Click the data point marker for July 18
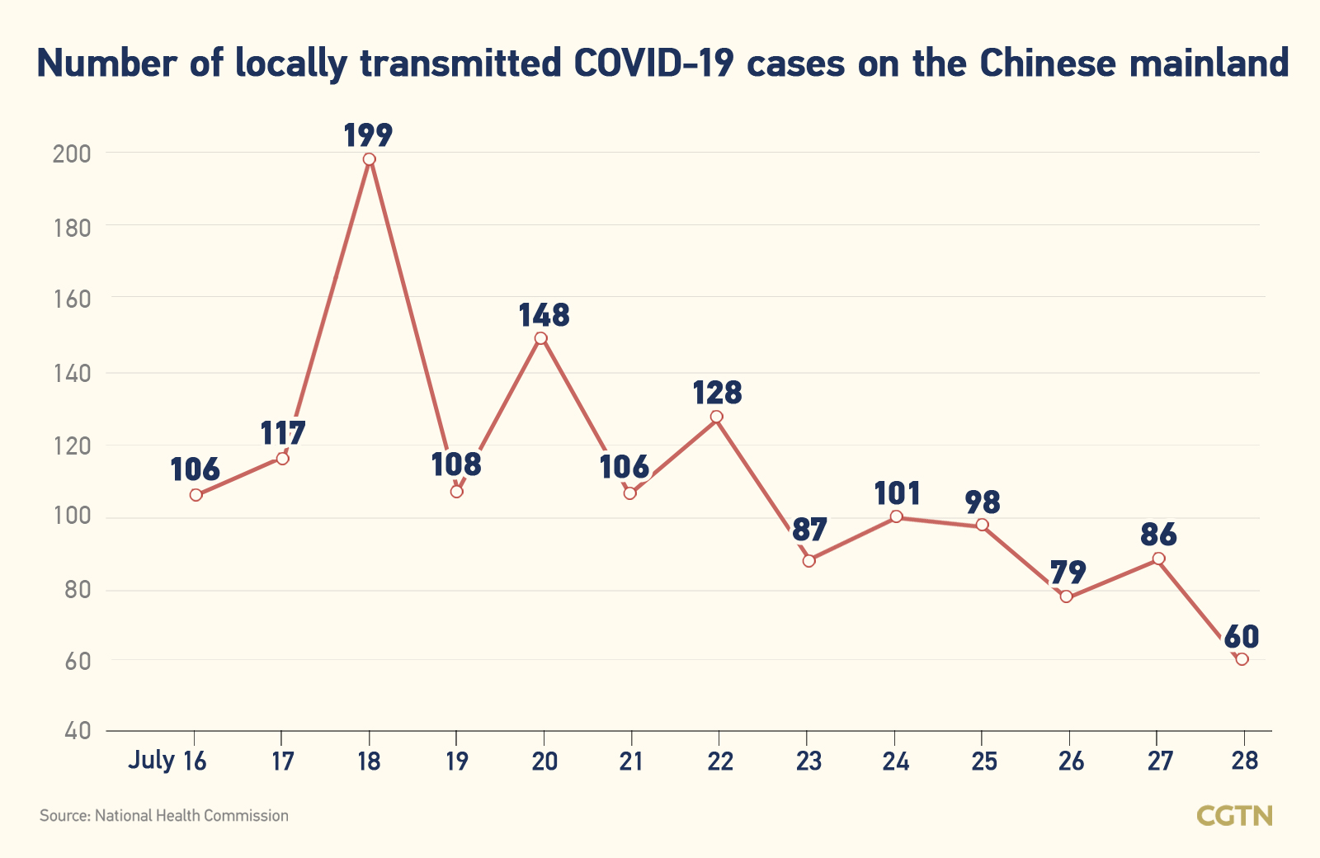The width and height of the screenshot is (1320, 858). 369,159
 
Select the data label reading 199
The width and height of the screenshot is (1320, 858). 368,134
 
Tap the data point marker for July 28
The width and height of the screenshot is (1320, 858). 1242,658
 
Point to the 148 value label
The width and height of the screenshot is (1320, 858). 544,315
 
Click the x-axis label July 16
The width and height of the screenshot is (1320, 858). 167,761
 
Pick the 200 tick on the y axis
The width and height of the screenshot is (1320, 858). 71,153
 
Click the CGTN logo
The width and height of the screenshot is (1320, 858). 1234,816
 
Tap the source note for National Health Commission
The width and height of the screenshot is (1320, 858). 164,816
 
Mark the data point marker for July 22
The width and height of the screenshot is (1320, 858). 716,417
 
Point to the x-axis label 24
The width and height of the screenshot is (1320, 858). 895,761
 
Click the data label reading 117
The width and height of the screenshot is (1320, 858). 283,432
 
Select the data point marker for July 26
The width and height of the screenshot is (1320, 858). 1066,596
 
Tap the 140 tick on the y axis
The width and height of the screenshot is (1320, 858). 71,374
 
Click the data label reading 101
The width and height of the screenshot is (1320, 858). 897,493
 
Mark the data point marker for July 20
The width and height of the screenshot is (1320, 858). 541,338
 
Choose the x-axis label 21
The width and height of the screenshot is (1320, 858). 631,761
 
